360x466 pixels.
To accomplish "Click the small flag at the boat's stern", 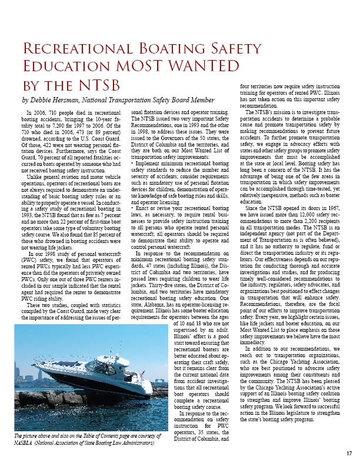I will [143, 373].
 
